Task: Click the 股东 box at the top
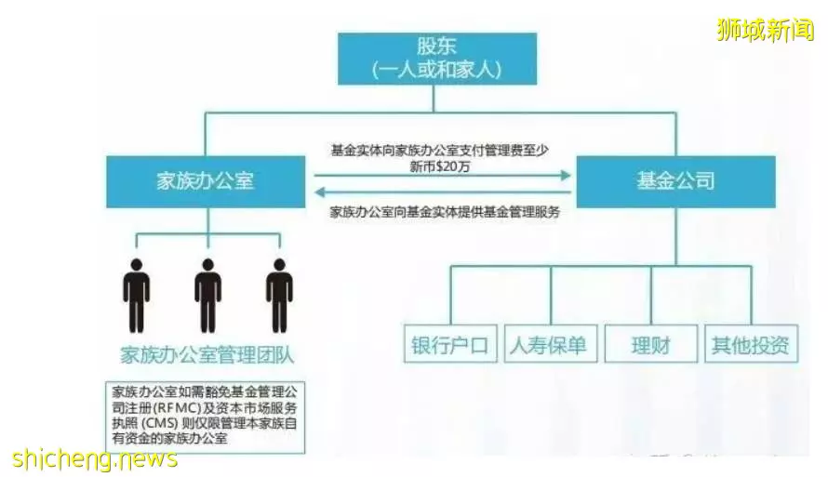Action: point(437,59)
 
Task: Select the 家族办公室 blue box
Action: point(206,181)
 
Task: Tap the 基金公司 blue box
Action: point(676,181)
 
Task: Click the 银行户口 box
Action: point(450,343)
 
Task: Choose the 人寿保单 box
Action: point(551,343)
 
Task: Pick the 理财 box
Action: point(651,343)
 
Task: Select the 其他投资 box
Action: point(752,343)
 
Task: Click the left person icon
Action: point(137,296)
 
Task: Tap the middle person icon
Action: point(208,296)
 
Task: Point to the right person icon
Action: point(279,296)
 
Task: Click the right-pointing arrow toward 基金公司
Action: point(443,175)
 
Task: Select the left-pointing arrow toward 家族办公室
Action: point(443,192)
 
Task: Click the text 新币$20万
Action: point(440,166)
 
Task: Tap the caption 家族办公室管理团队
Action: point(207,355)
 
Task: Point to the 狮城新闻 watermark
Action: point(766,29)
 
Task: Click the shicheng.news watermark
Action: point(95,458)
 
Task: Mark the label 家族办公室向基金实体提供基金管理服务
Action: point(445,212)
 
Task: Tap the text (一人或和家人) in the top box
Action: point(436,70)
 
